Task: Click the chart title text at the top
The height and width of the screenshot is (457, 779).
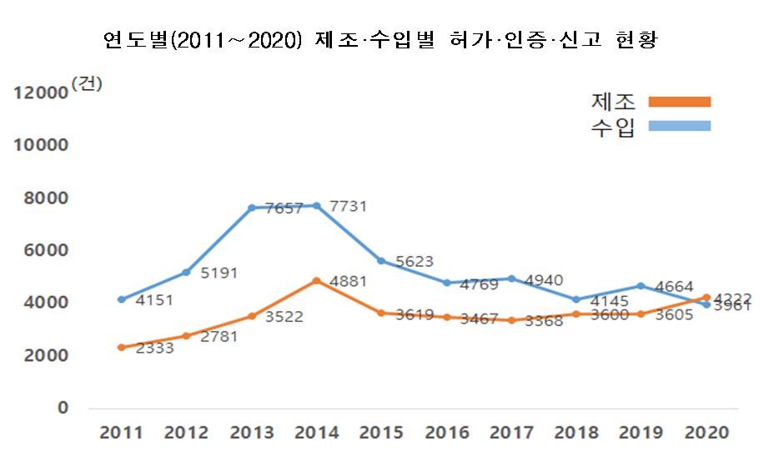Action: [x=380, y=40]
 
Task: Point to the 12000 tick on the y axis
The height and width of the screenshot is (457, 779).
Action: [x=40, y=93]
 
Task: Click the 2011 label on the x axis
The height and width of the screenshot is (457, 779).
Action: [x=121, y=433]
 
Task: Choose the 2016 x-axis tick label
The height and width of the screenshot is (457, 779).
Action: [x=447, y=433]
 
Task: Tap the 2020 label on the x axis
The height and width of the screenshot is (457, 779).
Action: [x=706, y=433]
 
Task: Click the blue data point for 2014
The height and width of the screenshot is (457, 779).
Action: [x=316, y=205]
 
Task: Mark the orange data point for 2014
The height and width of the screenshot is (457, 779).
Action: [x=316, y=281]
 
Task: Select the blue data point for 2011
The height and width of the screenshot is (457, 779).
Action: [x=121, y=299]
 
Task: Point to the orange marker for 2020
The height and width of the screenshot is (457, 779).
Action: [x=706, y=298]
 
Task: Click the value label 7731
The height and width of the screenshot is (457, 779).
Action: [x=349, y=205]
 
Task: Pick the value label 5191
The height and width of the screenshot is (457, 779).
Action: [x=219, y=272]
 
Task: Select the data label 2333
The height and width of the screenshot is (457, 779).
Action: [x=154, y=349]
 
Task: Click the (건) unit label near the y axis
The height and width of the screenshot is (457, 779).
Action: [x=87, y=83]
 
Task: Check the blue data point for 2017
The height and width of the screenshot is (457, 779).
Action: [x=511, y=279]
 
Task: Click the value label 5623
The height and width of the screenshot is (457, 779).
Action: [x=414, y=262]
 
